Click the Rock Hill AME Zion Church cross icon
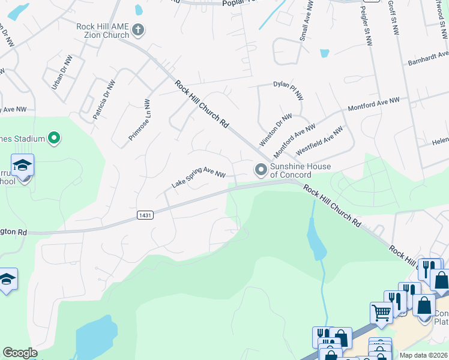138,29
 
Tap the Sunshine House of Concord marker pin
261,170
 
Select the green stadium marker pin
54,139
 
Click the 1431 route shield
144,215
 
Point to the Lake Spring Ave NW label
198,177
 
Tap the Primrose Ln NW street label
139,121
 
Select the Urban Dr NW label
62,73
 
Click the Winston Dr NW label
276,130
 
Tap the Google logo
20,353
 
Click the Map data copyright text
423,355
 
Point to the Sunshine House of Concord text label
291,170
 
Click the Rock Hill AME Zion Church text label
103,31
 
